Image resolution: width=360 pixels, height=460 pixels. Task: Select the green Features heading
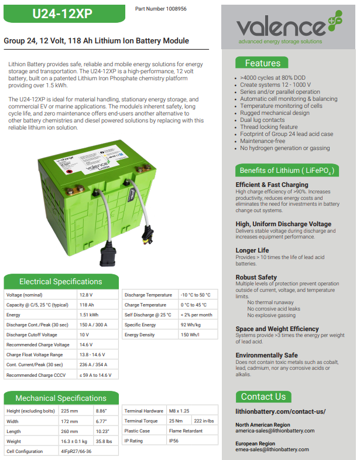coord(263,63)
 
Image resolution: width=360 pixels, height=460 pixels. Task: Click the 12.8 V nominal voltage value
coord(87,295)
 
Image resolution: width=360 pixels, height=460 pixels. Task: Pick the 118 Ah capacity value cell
coord(87,305)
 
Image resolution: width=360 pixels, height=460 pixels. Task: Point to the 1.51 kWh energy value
coord(89,315)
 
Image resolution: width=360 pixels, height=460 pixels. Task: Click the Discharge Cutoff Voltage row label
coord(32,335)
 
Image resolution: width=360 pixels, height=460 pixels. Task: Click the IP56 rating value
coord(175,441)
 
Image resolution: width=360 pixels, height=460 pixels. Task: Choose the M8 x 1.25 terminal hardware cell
coord(179,411)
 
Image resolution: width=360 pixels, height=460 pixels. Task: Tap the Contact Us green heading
coord(263,397)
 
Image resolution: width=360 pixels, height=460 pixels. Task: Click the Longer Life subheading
coord(252,250)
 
